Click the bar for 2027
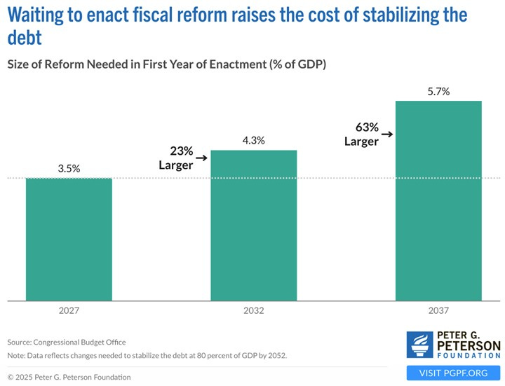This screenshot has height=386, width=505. click(x=69, y=238)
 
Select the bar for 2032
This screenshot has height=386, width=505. click(x=254, y=224)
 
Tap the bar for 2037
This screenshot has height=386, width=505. click(x=438, y=200)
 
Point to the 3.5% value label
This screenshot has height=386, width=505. click(x=69, y=169)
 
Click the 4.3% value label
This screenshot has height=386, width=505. click(x=254, y=140)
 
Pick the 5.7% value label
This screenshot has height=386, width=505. click(x=438, y=92)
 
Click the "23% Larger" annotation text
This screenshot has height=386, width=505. click(x=175, y=158)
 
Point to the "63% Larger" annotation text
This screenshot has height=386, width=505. click(x=361, y=134)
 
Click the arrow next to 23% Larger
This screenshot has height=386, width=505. click(x=202, y=158)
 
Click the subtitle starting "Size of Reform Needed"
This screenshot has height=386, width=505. click(x=167, y=64)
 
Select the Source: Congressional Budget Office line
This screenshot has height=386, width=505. click(x=67, y=342)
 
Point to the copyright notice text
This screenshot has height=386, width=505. click(x=69, y=377)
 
